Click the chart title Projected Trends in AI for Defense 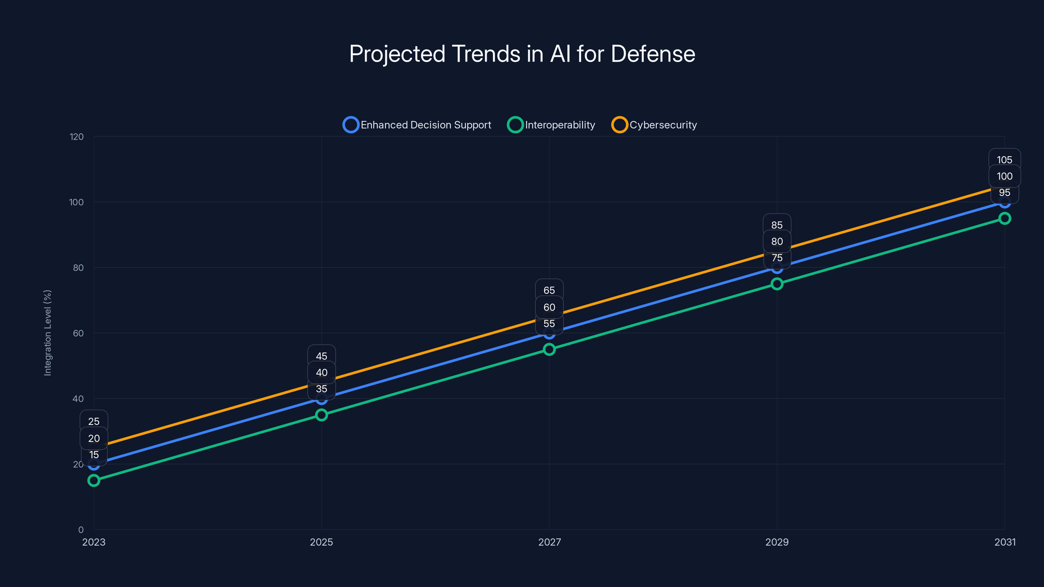tap(522, 54)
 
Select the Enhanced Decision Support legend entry tap(418, 125)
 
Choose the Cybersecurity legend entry tap(654, 125)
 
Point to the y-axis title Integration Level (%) tap(48, 333)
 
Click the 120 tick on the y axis tap(77, 137)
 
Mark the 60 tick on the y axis tap(78, 333)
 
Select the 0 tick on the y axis tap(81, 530)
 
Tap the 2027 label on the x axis tap(549, 542)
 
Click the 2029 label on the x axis tap(777, 542)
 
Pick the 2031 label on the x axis tap(1005, 542)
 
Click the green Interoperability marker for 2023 tap(94, 480)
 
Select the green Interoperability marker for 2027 tap(549, 349)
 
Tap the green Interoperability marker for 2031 tap(1005, 218)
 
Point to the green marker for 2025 tap(321, 415)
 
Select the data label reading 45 tap(321, 356)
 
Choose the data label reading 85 tap(777, 225)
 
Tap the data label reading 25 tap(94, 421)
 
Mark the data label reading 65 tap(549, 290)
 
